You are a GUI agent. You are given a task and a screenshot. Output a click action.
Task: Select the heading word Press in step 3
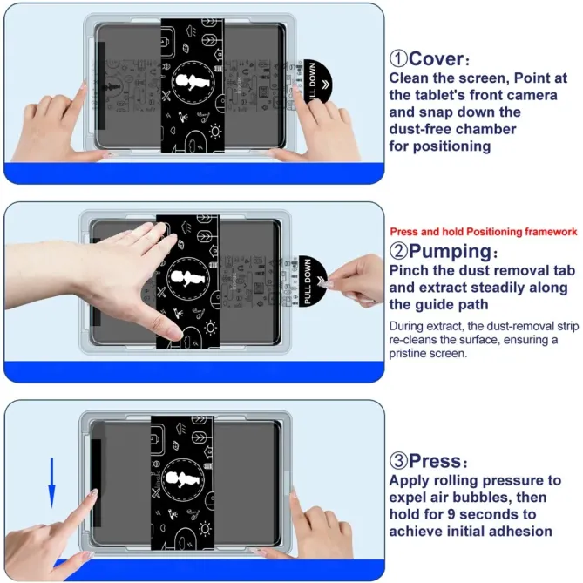tap(440, 462)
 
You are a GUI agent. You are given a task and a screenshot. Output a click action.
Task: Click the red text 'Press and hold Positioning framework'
tap(483, 232)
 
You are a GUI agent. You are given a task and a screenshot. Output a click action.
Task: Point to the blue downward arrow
tap(51, 482)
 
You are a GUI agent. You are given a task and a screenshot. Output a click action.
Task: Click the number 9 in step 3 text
tap(469, 514)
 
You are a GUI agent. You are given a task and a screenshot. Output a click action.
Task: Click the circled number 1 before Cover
tap(399, 59)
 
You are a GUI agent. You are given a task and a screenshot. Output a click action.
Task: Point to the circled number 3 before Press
tap(399, 462)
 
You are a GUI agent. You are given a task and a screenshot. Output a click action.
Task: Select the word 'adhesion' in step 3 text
tap(517, 531)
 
